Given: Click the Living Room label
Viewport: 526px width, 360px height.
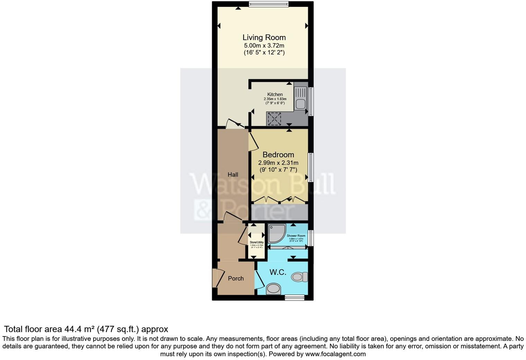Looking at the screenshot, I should click(264, 37).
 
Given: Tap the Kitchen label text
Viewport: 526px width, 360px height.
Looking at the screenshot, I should click(275, 94).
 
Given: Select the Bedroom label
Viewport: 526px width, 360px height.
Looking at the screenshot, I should click(278, 155).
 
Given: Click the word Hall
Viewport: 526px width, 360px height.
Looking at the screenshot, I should click(233, 174).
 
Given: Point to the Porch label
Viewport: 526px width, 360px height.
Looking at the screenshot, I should click(236, 278).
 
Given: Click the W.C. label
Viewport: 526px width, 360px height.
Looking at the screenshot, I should click(278, 272).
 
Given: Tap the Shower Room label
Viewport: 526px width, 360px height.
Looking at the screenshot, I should click(296, 236).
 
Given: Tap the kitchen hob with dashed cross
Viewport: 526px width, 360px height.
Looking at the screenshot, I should click(275, 119).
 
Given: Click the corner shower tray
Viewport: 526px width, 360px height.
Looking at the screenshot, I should click(277, 233).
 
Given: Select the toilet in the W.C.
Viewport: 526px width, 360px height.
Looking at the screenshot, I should click(299, 277).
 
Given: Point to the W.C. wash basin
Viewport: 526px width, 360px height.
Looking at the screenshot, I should click(273, 288).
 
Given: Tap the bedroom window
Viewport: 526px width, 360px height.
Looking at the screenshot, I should click(311, 168).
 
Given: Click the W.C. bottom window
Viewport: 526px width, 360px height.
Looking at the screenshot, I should click(294, 297).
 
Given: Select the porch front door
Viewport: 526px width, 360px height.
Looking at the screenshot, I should click(217, 278).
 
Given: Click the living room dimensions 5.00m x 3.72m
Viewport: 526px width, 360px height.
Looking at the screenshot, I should click(264, 45).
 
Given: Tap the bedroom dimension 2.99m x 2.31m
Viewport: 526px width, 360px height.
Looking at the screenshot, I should click(278, 163).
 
